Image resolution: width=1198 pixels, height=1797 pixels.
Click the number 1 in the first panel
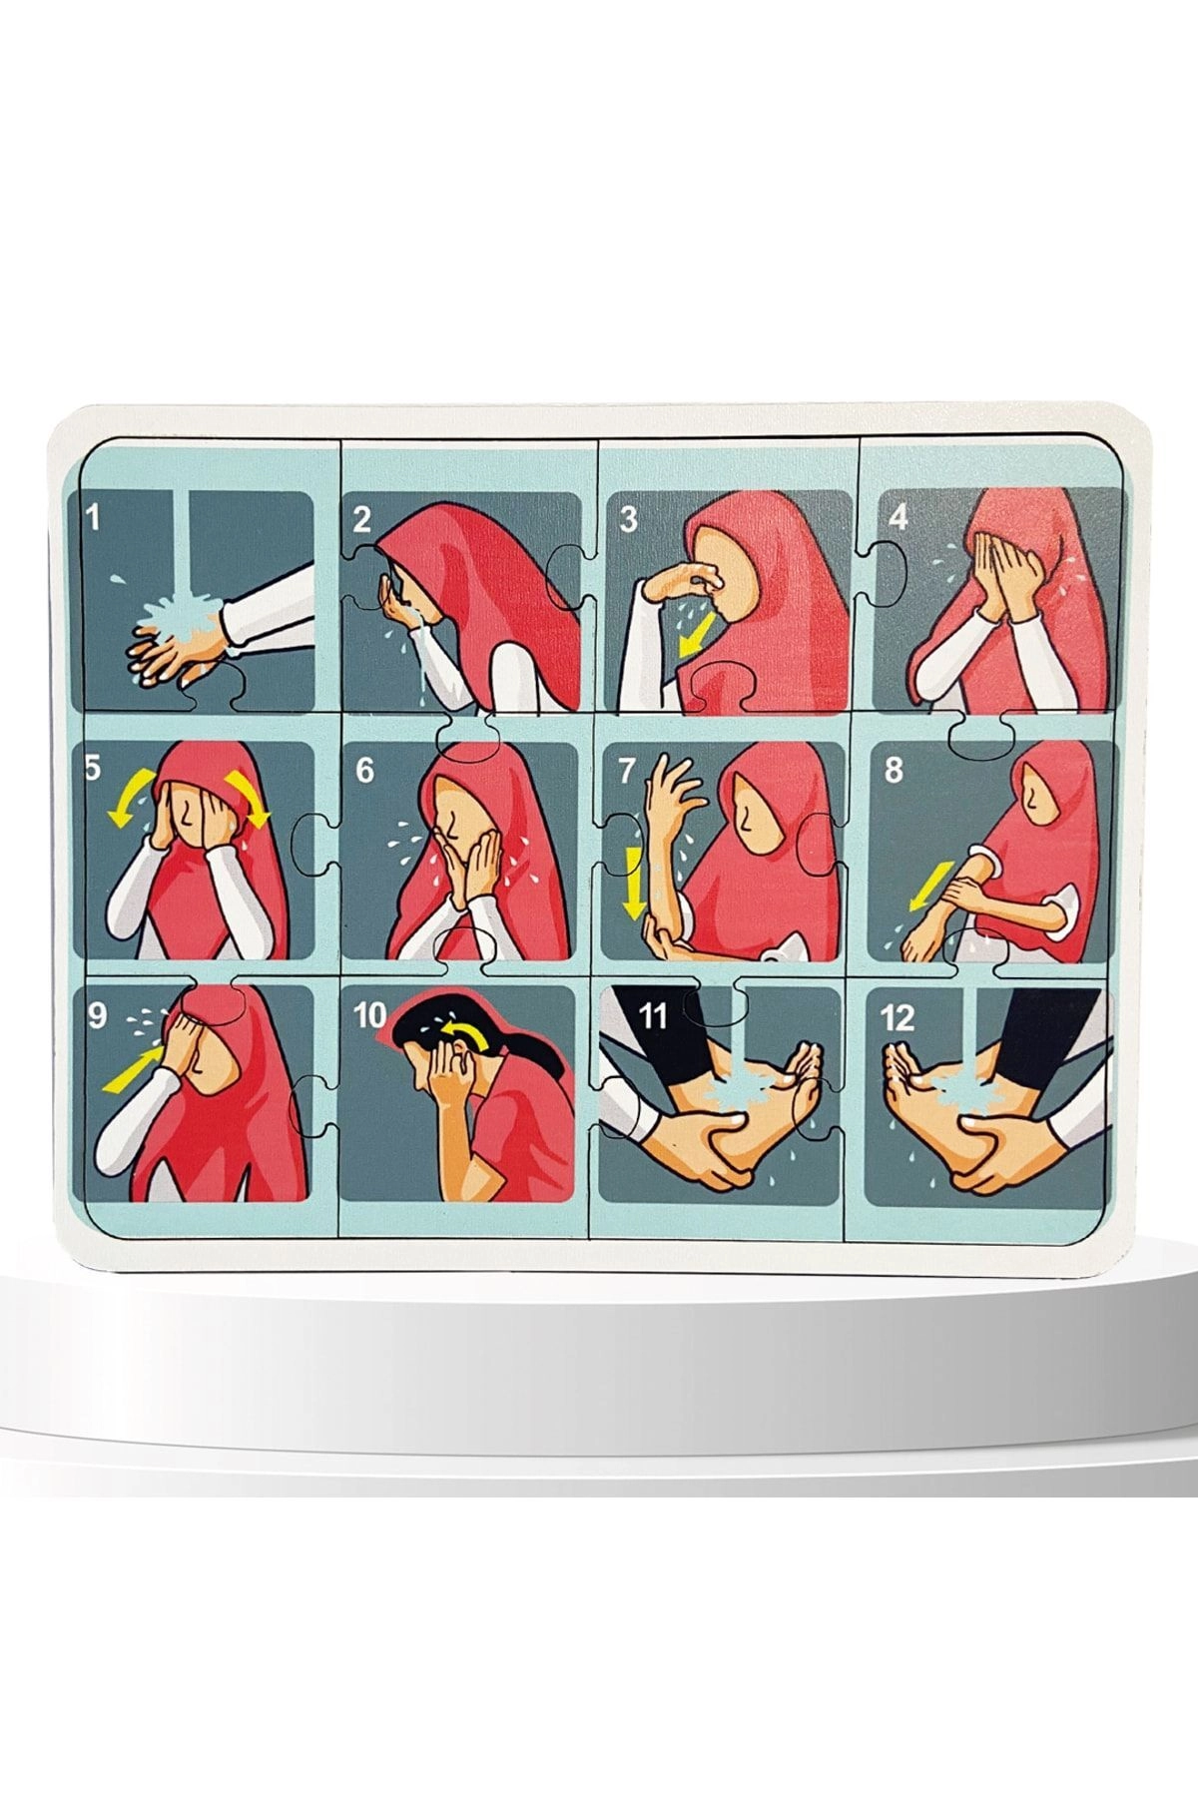coord(94,518)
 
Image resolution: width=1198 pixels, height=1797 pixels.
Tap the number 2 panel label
coord(361,518)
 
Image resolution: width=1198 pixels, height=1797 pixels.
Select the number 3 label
coord(628,519)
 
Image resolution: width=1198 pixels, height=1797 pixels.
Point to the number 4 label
coord(898,517)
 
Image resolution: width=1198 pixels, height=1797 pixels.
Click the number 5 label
coord(94,770)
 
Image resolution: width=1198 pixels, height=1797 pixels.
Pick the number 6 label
coord(363,771)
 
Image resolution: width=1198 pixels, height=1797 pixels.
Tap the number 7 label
coord(627,771)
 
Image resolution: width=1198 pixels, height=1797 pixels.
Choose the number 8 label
coord(893,770)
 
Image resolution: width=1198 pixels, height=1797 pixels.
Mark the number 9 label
coord(97,1015)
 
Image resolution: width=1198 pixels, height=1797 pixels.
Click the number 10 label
coord(369,1016)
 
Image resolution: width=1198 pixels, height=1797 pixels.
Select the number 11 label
coord(652,1016)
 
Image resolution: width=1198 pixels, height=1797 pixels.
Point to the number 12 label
coord(898,1017)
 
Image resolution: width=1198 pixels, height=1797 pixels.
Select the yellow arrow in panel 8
coord(924,884)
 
